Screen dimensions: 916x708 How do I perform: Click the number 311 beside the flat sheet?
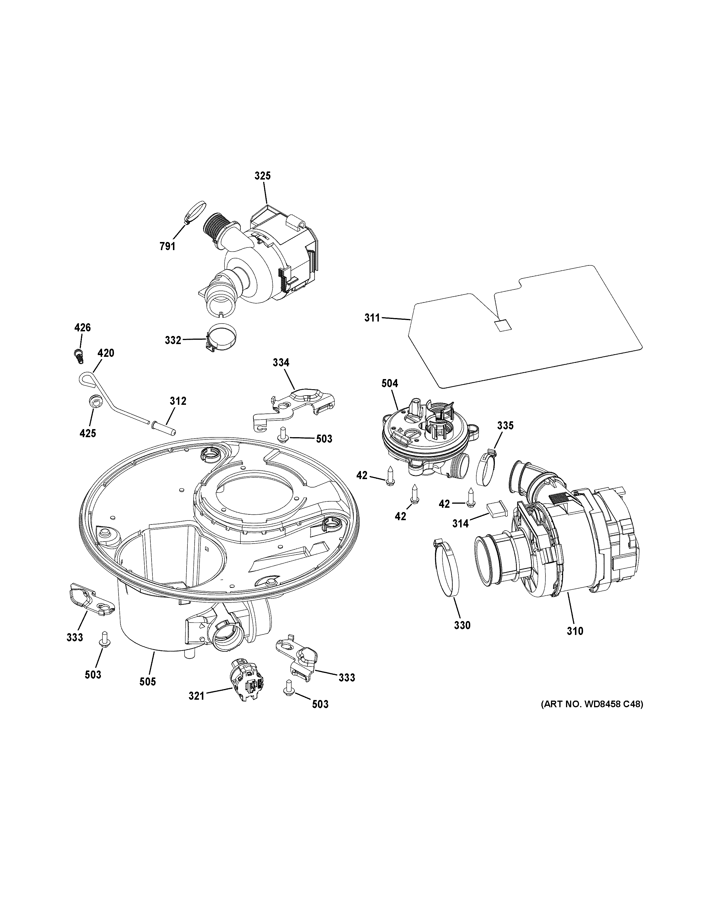(372, 318)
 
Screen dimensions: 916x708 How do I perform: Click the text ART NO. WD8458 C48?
(591, 704)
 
